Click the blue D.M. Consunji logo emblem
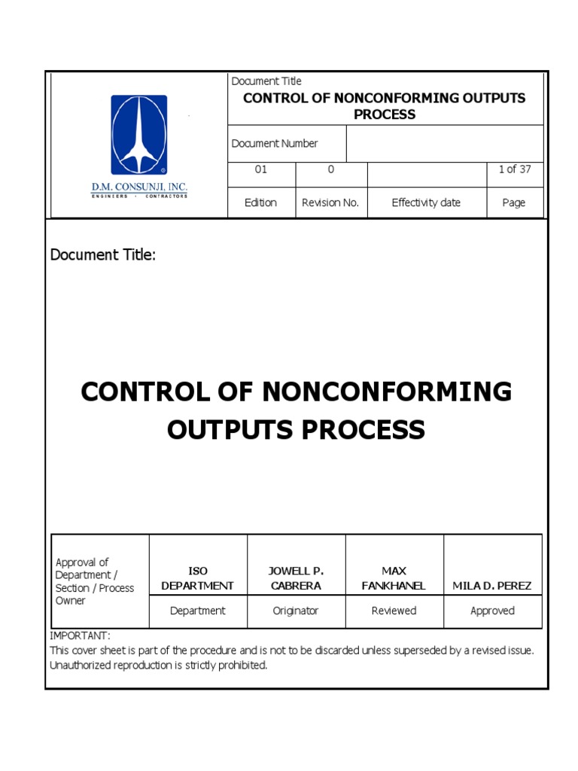pyautogui.click(x=139, y=135)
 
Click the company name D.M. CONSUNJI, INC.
pyautogui.click(x=139, y=187)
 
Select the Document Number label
pyautogui.click(x=275, y=144)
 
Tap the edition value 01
pyautogui.click(x=260, y=169)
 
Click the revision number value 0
pyautogui.click(x=330, y=169)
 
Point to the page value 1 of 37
pyautogui.click(x=514, y=169)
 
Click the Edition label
pyautogui.click(x=260, y=203)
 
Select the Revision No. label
pyautogui.click(x=330, y=203)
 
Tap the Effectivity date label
pyautogui.click(x=426, y=203)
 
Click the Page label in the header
pyautogui.click(x=514, y=203)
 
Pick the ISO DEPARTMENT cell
pyautogui.click(x=197, y=578)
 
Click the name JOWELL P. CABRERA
pyautogui.click(x=296, y=578)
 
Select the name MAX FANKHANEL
pyautogui.click(x=394, y=578)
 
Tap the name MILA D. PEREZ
pyautogui.click(x=492, y=585)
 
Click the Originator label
pyautogui.click(x=296, y=611)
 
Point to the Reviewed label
pyautogui.click(x=394, y=611)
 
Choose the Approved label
pyautogui.click(x=492, y=611)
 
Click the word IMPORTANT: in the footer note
pyautogui.click(x=80, y=636)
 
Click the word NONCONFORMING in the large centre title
pyautogui.click(x=387, y=392)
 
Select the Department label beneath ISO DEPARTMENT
pyautogui.click(x=197, y=611)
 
